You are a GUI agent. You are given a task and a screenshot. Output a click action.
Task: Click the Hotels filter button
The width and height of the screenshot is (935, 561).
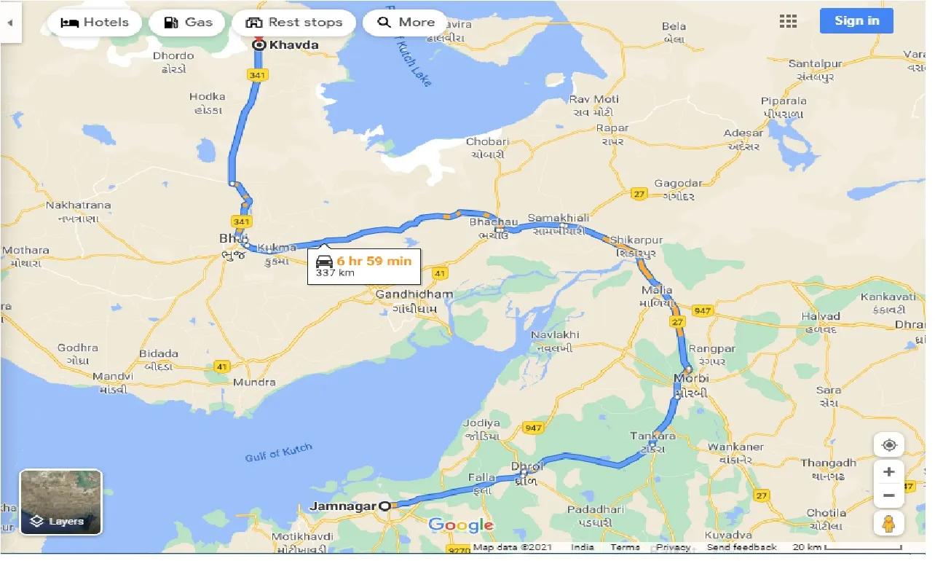(94, 23)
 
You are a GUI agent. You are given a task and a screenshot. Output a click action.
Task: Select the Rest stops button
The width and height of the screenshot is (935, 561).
(293, 23)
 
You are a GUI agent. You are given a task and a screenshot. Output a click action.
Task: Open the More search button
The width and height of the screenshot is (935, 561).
(406, 23)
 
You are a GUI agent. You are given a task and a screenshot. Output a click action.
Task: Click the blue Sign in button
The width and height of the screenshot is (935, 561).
(856, 20)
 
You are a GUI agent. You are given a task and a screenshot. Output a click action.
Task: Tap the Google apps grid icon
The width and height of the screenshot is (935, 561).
(788, 21)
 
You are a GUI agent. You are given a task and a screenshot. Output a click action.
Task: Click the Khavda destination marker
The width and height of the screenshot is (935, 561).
(259, 45)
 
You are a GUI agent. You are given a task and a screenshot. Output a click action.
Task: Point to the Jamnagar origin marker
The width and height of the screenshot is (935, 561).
(384, 506)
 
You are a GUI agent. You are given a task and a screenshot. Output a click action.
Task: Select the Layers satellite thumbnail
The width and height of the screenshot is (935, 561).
(60, 502)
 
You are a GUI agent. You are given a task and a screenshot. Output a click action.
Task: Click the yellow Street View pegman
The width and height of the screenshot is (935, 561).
(888, 523)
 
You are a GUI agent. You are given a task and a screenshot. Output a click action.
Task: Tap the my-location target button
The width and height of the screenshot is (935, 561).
(888, 445)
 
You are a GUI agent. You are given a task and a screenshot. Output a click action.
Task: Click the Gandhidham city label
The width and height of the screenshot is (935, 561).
(414, 294)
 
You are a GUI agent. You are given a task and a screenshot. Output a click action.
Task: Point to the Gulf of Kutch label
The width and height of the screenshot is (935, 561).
(278, 452)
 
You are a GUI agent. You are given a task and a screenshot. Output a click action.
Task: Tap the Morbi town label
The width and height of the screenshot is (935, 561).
(691, 379)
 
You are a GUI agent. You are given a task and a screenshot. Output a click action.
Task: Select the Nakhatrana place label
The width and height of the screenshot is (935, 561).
(78, 205)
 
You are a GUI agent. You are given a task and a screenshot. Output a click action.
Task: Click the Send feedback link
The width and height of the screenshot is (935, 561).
(741, 547)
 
